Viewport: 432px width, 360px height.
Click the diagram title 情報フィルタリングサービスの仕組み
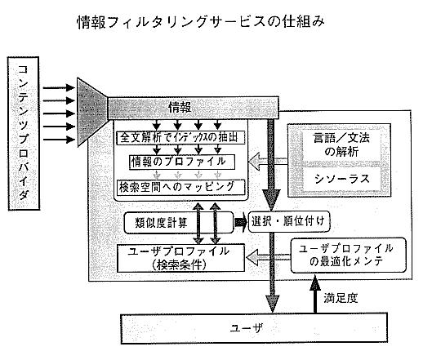201,22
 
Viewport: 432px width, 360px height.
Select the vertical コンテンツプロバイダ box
24,134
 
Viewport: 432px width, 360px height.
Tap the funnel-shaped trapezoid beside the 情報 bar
92,112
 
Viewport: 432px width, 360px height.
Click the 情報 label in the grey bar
180,108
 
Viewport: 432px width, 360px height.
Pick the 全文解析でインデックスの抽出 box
180,137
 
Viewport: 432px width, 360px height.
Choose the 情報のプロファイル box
182,162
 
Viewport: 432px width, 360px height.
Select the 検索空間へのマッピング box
180,187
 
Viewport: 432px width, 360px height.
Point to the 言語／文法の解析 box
341,144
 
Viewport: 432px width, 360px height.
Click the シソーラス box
341,179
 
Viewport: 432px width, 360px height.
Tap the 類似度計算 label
161,223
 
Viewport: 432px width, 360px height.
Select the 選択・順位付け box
289,222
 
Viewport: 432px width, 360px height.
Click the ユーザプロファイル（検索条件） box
180,258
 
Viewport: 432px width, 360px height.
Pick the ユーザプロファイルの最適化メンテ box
348,256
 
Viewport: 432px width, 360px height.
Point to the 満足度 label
341,298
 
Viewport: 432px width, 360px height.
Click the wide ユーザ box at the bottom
254,328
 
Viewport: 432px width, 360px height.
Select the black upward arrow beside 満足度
315,294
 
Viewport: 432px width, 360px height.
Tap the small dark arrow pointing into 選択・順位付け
241,222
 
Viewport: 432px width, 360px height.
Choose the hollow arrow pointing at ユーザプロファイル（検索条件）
269,258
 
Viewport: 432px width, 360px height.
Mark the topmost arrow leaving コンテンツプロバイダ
59,88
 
